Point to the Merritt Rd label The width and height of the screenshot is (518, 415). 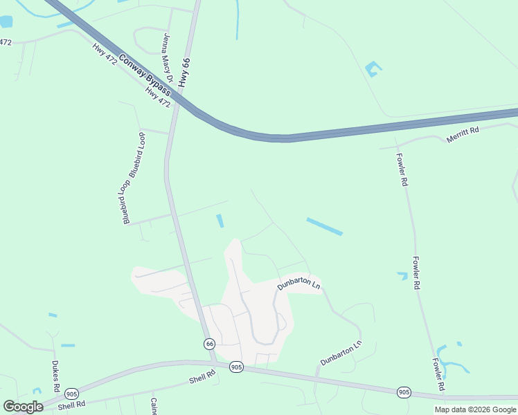(x=463, y=133)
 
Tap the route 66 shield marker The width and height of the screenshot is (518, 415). (x=209, y=344)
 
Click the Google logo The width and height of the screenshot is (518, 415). (x=23, y=406)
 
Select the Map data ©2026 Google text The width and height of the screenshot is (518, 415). (x=475, y=409)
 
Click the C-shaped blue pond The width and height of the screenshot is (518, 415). (x=373, y=68)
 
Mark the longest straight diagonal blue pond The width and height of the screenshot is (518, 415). (x=324, y=226)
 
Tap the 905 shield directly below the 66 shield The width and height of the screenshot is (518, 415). (x=236, y=367)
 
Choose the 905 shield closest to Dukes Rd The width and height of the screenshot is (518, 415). (x=71, y=393)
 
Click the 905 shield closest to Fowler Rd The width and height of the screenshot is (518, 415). (x=404, y=392)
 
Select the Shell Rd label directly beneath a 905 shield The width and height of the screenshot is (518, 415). (x=71, y=404)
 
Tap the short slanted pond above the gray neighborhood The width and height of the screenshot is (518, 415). (x=220, y=221)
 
